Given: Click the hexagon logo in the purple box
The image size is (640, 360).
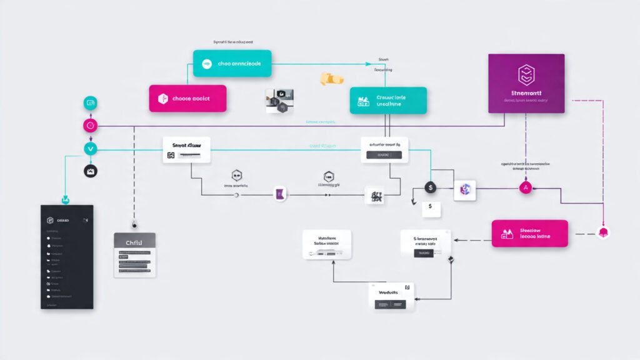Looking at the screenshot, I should [x=526, y=74].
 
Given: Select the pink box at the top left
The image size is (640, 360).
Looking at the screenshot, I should [x=187, y=98].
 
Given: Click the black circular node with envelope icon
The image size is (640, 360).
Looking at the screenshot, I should [x=91, y=171].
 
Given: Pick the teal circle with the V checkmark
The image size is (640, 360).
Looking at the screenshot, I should [x=91, y=149].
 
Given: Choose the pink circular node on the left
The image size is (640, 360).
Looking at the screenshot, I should [x=91, y=126].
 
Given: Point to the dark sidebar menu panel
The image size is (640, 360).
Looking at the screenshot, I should [x=67, y=256].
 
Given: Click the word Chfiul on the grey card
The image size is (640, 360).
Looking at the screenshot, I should [x=134, y=242].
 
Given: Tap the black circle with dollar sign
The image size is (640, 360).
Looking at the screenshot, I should [x=430, y=187].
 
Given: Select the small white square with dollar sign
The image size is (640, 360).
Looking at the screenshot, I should [x=431, y=209].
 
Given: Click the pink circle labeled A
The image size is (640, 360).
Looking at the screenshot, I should [x=525, y=187].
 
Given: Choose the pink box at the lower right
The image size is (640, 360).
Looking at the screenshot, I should [x=529, y=233].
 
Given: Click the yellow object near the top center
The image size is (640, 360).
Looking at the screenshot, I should [x=331, y=79].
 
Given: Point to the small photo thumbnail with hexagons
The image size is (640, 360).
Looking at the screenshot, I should [x=279, y=101].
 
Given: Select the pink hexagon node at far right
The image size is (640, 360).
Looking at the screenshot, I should [x=604, y=233].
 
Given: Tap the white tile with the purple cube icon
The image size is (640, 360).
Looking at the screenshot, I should [x=464, y=190].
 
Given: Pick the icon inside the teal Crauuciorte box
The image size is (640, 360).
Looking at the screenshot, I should [x=363, y=102].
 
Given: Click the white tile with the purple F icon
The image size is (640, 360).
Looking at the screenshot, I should [x=281, y=195].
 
